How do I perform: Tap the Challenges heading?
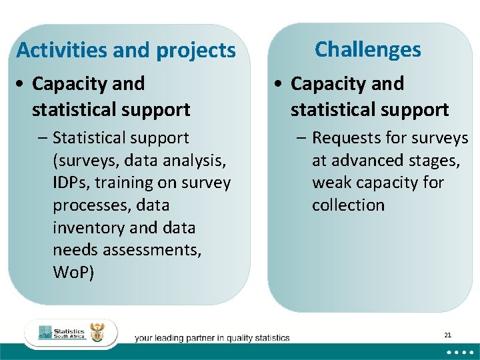pyautogui.click(x=368, y=49)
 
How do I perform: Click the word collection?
pyautogui.click(x=348, y=205)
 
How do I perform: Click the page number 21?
pyautogui.click(x=447, y=335)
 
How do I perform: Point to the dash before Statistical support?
pyautogui.click(x=43, y=138)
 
